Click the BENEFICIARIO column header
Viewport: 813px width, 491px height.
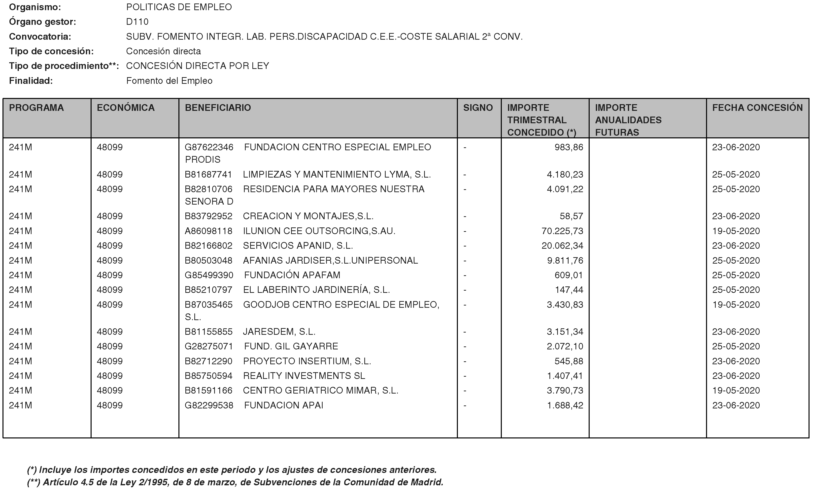click(218, 108)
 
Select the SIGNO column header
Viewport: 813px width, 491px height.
click(478, 108)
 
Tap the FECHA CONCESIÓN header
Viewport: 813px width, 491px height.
click(757, 108)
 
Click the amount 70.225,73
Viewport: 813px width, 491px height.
click(562, 231)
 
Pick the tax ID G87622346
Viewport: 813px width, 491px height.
click(209, 147)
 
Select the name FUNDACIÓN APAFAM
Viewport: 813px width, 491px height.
click(292, 275)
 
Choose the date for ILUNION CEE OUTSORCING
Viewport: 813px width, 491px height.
click(736, 231)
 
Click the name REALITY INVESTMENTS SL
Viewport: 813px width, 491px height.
click(304, 376)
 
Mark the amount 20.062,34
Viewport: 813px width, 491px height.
click(562, 246)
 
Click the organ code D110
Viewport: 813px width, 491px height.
click(137, 22)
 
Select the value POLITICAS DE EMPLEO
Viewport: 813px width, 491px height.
click(179, 7)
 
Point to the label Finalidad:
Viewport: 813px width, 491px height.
click(31, 81)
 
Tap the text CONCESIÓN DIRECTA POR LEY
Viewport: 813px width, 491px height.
click(197, 66)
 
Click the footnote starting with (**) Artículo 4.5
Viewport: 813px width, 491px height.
click(235, 482)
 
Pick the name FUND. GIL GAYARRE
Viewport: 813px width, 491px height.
click(291, 346)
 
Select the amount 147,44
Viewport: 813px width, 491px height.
click(569, 290)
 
